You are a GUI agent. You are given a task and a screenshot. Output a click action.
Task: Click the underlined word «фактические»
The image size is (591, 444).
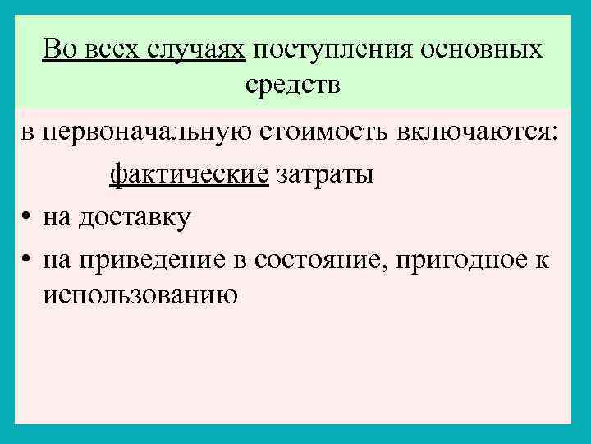click(x=190, y=175)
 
